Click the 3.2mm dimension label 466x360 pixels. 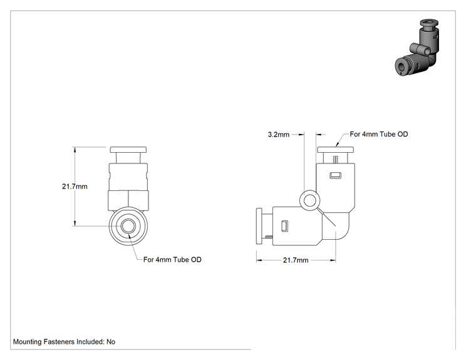[x=279, y=135]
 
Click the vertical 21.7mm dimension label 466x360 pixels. [x=75, y=187]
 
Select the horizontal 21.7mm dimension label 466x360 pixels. [x=296, y=260]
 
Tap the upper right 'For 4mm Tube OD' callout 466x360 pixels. [x=378, y=134]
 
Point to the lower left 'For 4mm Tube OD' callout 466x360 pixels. [x=172, y=260]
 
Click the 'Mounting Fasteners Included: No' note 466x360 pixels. [x=64, y=342]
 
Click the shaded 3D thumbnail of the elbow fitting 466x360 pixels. [x=417, y=48]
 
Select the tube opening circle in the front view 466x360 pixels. [x=128, y=226]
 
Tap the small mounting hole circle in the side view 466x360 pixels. [x=309, y=200]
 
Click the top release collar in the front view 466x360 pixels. [x=128, y=150]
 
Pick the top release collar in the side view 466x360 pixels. [x=336, y=150]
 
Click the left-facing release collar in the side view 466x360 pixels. [x=259, y=226]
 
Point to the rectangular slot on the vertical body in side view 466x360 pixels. [x=336, y=175]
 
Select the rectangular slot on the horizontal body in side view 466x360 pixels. [x=285, y=226]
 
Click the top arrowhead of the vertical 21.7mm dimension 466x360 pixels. [x=75, y=149]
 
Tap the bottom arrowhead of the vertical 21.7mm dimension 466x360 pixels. [x=75, y=224]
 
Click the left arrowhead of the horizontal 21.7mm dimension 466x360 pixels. [x=259, y=260]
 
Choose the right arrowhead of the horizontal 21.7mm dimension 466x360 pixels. [x=333, y=260]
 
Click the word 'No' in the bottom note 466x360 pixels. [x=111, y=342]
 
